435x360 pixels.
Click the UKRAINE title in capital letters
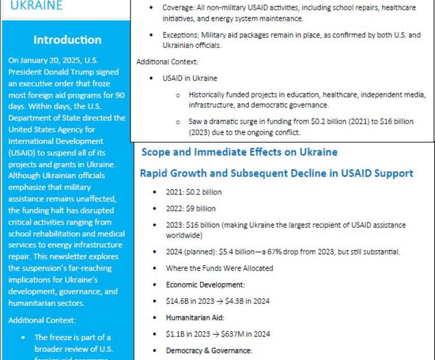point(36,6)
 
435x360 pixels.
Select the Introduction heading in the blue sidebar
point(67,40)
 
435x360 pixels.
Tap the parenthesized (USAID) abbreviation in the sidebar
point(24,152)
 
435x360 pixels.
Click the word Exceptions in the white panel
point(182,35)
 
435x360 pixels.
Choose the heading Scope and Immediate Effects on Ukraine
point(239,153)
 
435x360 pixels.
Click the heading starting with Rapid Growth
point(276,173)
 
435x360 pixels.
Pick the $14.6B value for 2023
point(178,301)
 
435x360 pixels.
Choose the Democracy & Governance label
point(209,351)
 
